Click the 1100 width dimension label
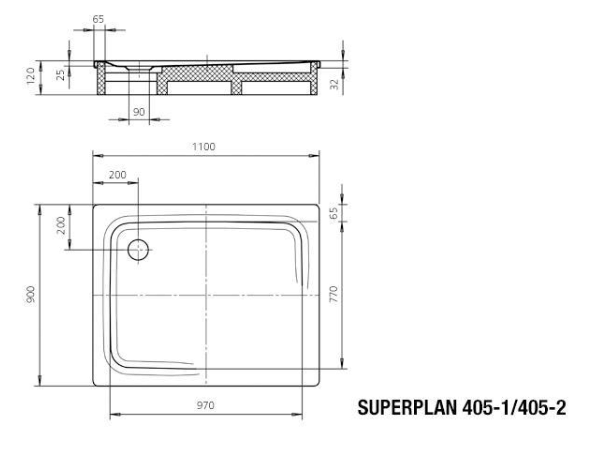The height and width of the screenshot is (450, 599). (204, 147)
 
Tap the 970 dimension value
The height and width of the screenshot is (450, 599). (206, 405)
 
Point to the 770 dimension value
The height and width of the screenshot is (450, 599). (334, 294)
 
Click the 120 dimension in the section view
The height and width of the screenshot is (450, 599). (31, 76)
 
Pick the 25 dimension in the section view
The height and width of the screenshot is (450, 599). (61, 75)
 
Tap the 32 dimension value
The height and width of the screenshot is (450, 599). (334, 84)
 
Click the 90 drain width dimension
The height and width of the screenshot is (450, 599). (139, 112)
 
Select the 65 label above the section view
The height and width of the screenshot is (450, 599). (98, 19)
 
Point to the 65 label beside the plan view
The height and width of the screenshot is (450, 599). (334, 213)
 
